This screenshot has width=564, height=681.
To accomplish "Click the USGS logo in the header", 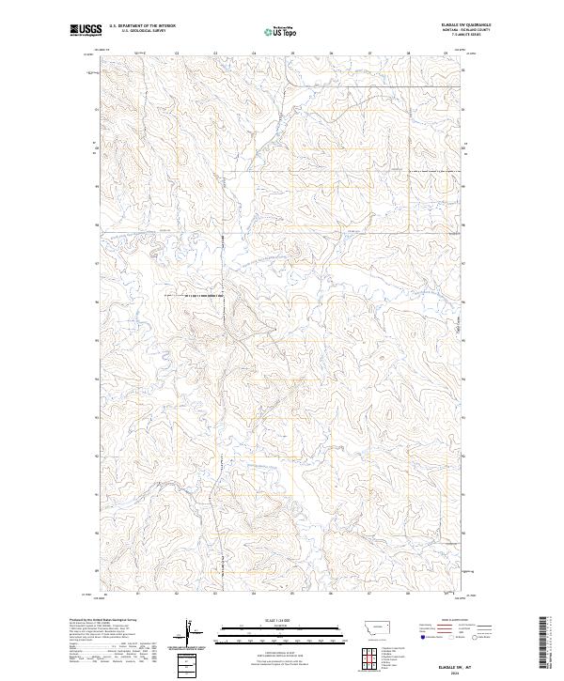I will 86,31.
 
